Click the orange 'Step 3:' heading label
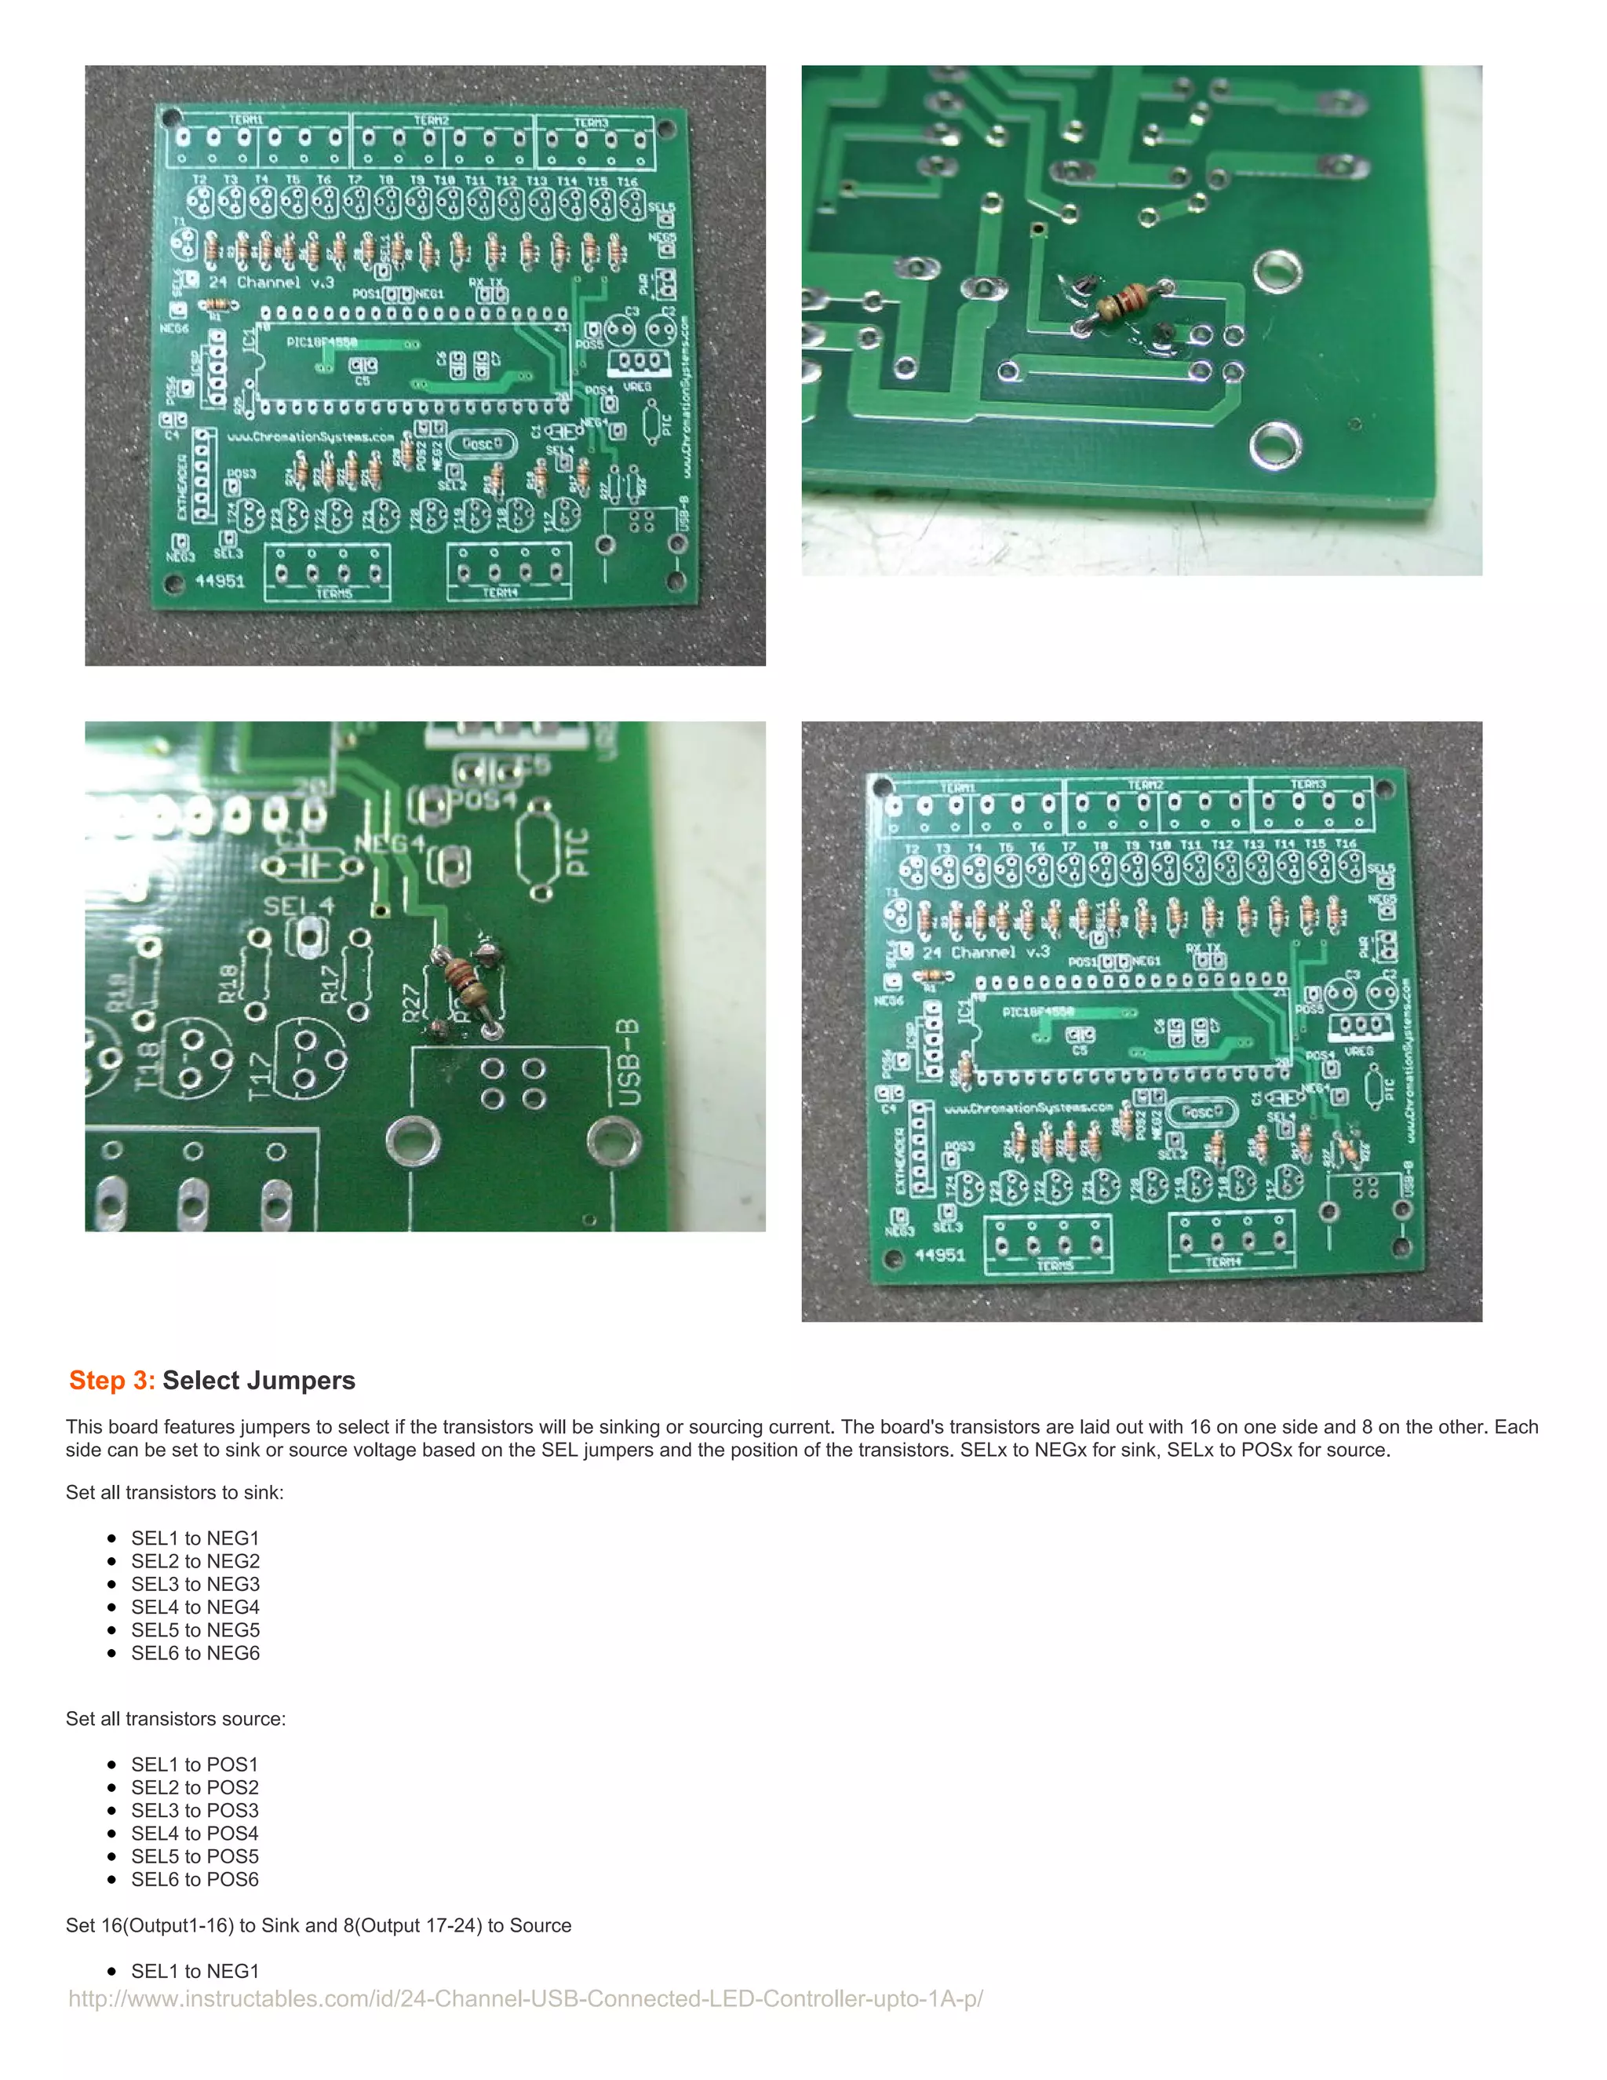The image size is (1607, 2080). click(111, 1380)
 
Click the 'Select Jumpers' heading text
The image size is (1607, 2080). click(258, 1380)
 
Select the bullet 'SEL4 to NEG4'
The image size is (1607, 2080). click(195, 1607)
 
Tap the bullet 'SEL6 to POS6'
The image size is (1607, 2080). click(195, 1879)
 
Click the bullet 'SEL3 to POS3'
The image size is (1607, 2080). click(195, 1811)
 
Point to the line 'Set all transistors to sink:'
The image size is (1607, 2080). click(174, 1492)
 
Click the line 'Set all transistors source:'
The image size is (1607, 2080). click(175, 1719)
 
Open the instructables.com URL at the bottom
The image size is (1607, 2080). click(526, 1998)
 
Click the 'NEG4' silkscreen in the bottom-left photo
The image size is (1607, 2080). click(390, 844)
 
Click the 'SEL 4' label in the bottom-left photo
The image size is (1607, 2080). click(298, 905)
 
